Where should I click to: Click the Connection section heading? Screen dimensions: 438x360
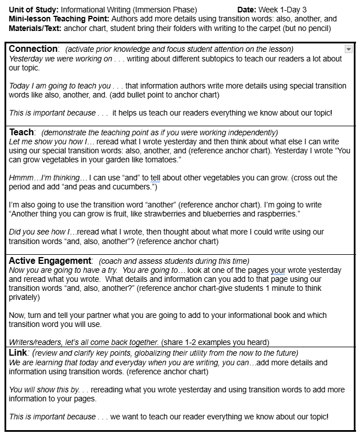[x=33, y=49]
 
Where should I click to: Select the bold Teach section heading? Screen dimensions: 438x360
[x=21, y=132]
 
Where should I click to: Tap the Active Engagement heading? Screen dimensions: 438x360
[x=50, y=260]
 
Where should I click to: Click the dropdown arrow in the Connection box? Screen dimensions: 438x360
[x=348, y=50]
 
